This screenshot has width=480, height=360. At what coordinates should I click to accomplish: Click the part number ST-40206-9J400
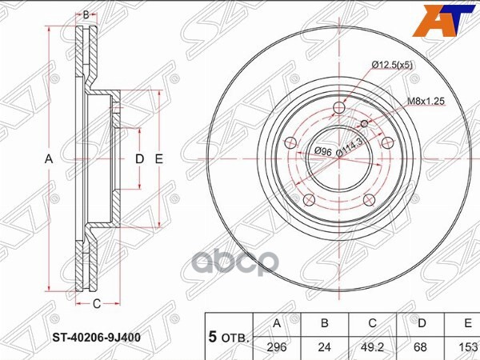tap(97, 338)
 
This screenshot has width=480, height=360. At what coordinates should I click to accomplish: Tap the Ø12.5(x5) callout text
tap(392, 65)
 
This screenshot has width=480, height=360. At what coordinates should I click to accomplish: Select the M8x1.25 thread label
tap(426, 101)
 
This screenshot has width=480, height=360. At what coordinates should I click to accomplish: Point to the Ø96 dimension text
tap(323, 151)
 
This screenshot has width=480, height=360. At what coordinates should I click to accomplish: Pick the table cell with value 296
tap(277, 347)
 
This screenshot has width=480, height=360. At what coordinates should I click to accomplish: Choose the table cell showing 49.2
tap(372, 347)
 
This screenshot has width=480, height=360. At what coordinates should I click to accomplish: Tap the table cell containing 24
tap(325, 347)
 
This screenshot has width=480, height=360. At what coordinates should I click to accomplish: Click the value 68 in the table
tap(420, 347)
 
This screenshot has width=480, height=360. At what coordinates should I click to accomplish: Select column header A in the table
tap(277, 323)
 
